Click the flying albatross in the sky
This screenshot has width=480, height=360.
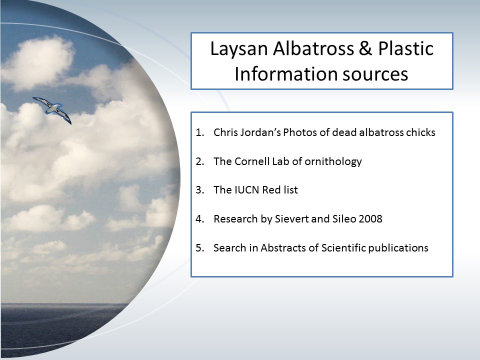52,109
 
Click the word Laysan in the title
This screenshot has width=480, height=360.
239,49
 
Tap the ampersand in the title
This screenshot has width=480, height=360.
365,48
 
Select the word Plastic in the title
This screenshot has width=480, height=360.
405,48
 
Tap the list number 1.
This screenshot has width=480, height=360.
199,132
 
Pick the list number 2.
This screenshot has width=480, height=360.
199,161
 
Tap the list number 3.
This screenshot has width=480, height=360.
199,190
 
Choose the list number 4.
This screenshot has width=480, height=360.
199,219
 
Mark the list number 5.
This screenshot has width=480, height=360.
199,247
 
